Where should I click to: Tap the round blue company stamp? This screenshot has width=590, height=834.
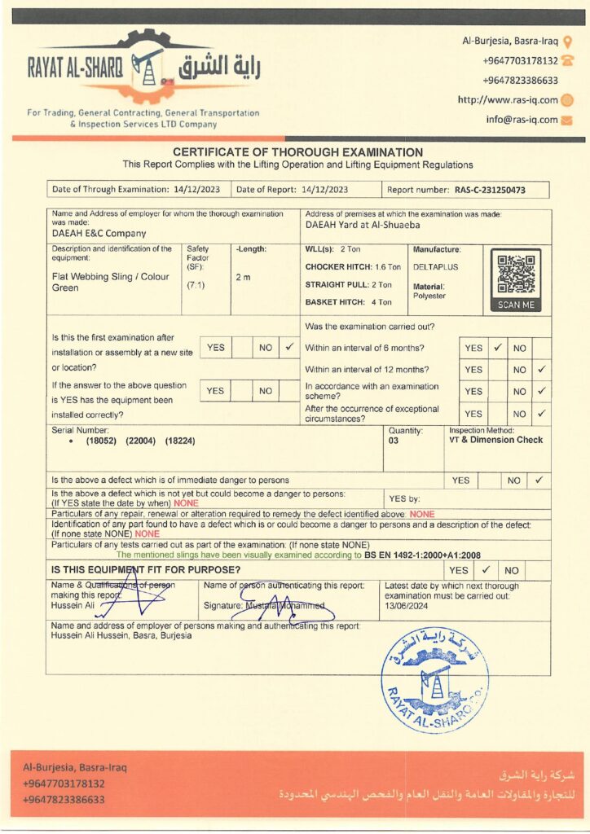(435, 679)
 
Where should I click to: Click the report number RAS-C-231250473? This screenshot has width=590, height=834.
(490, 189)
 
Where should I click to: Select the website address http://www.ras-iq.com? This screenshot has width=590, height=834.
(508, 100)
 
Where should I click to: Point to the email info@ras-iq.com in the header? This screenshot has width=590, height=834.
(522, 120)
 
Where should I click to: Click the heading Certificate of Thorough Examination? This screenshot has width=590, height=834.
(297, 152)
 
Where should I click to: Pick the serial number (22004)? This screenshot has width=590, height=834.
(140, 441)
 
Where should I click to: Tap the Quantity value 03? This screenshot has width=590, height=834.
(394, 441)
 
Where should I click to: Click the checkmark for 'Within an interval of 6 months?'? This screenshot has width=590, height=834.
(497, 348)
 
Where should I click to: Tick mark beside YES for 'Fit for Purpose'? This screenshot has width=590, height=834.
(484, 570)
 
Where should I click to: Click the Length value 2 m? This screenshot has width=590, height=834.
(243, 278)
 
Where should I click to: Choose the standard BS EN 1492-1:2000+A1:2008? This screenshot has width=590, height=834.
(424, 555)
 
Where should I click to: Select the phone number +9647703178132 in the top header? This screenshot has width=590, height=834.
(520, 60)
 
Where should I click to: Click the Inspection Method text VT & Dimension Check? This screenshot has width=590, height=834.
(495, 440)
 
